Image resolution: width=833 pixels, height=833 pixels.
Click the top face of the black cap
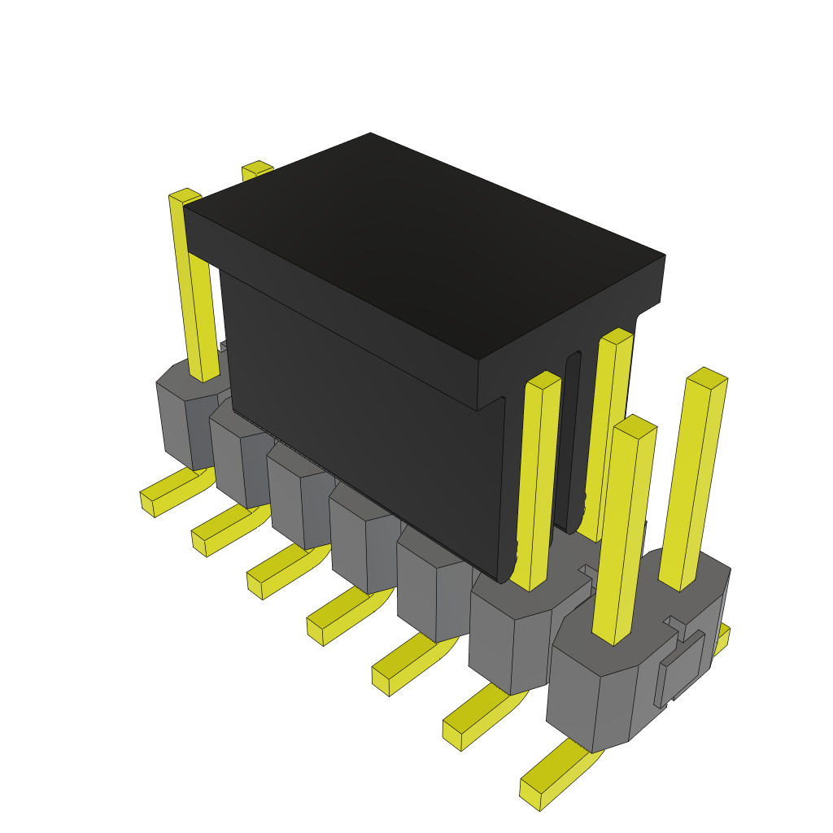click(x=423, y=244)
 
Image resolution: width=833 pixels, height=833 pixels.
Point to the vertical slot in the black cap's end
click(x=572, y=439)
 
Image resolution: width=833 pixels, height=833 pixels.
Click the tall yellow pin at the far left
click(x=193, y=285)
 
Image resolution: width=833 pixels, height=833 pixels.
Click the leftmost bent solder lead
click(x=172, y=493)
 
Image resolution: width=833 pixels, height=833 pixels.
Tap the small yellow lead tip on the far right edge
click(x=722, y=635)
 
